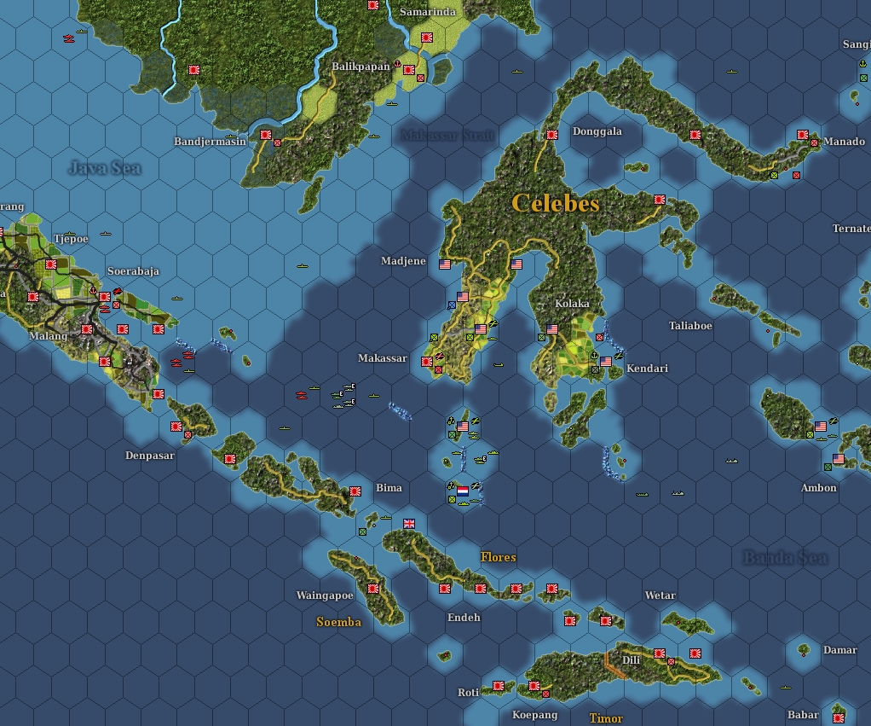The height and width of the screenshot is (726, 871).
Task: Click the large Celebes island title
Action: [556, 203]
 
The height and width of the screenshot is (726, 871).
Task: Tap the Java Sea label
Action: [104, 168]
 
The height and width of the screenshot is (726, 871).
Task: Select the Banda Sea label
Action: [785, 558]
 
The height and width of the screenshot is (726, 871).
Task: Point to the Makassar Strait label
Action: [447, 136]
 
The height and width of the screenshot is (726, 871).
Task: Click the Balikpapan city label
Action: [361, 67]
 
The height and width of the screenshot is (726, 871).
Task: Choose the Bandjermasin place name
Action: [210, 142]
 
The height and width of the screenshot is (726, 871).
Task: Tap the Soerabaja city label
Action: [133, 271]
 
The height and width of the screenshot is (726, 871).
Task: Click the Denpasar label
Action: [150, 456]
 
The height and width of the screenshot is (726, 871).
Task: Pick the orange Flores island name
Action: [499, 557]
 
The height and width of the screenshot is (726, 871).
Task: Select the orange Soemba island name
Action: [338, 622]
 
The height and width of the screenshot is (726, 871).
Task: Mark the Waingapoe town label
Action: [325, 595]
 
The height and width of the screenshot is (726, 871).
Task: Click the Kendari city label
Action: [647, 369]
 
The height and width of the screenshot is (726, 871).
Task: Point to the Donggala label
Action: [597, 131]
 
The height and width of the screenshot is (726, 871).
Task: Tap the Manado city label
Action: [845, 142]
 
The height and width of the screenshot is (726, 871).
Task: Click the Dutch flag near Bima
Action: [463, 491]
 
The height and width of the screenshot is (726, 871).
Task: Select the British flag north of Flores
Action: [409, 523]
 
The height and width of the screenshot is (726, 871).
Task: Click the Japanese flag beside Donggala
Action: [552, 134]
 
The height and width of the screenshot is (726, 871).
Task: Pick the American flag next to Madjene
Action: [445, 264]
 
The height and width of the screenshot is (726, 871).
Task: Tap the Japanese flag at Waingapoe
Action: [372, 588]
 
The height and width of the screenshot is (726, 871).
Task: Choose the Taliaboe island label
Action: [690, 326]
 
